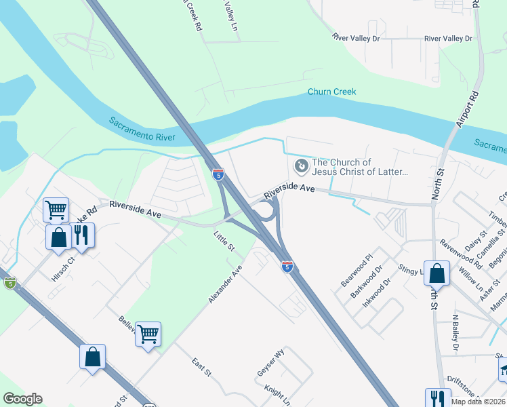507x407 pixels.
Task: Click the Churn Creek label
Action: click(331, 92)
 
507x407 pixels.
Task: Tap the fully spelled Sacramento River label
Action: click(142, 130)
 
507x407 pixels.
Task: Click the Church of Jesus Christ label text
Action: click(359, 167)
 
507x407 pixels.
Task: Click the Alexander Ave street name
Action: click(225, 284)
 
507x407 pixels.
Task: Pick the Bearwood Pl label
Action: click(357, 269)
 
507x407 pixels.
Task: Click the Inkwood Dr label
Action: click(377, 292)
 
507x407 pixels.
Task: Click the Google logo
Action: click(22, 399)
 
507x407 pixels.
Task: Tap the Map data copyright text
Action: click(477, 402)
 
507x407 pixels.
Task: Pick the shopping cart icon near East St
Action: click(148, 334)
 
